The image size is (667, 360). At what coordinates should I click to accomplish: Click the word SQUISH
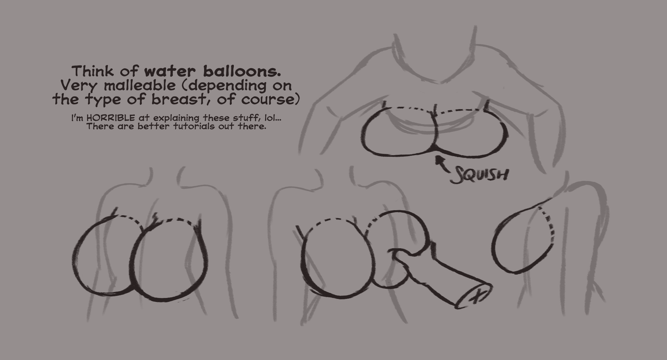[479, 174]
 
